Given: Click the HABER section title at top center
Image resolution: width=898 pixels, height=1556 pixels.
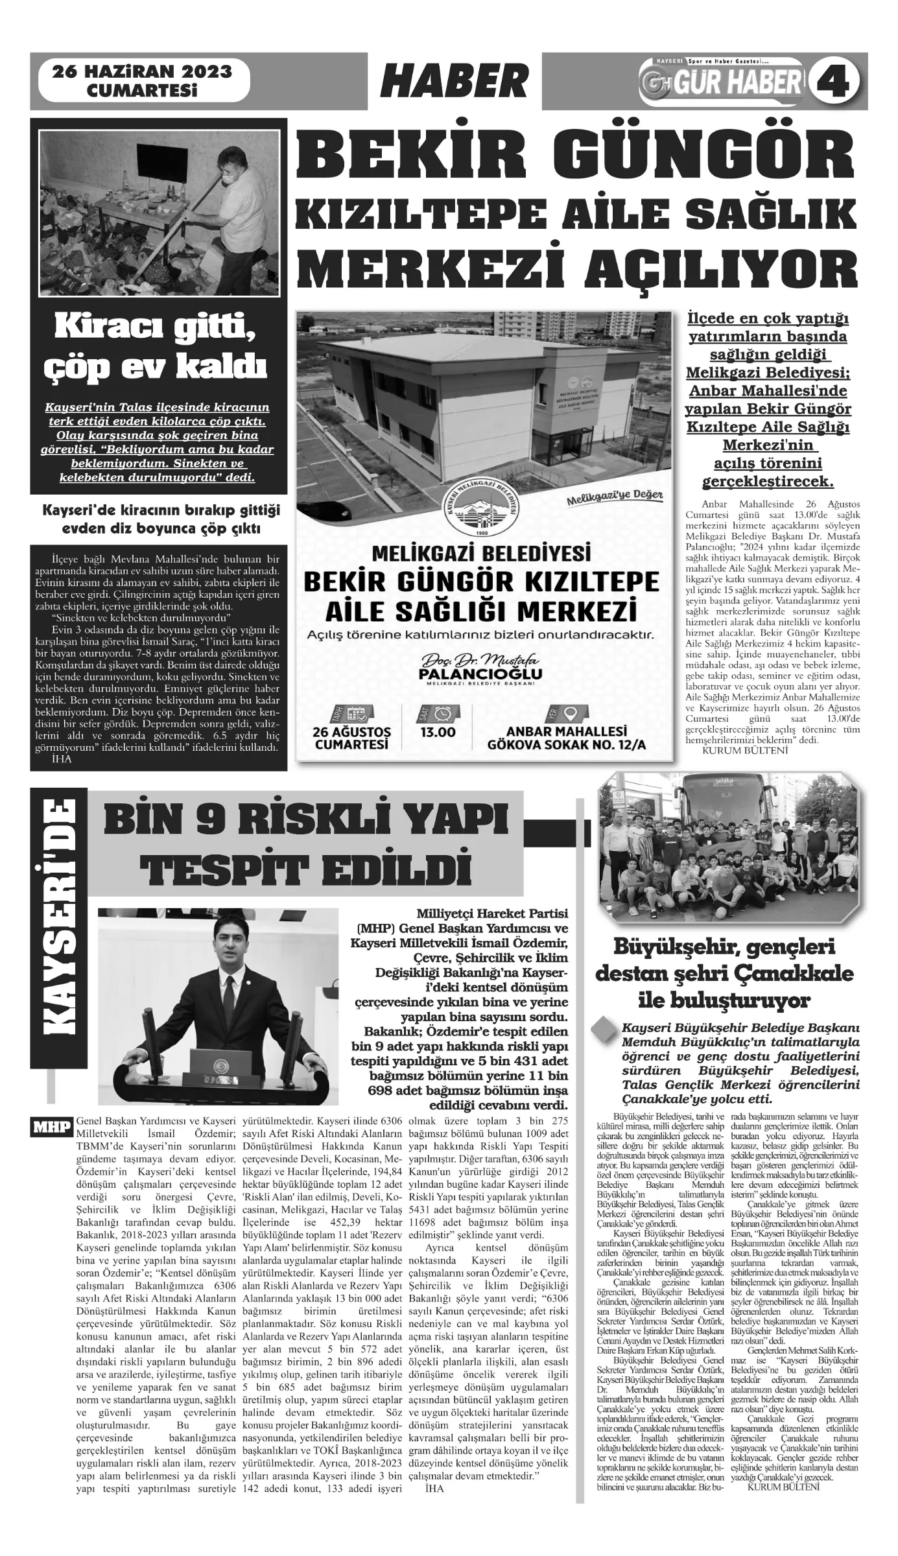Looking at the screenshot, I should pyautogui.click(x=454, y=83).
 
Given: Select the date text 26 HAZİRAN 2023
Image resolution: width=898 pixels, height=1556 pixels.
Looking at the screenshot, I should pyautogui.click(x=142, y=72).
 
